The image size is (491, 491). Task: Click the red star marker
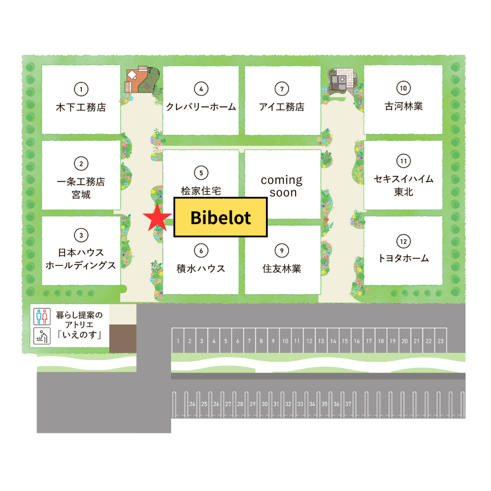click(157, 218)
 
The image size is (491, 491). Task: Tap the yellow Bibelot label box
click(220, 217)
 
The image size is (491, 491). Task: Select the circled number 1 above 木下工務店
click(81, 89)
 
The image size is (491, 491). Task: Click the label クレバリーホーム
click(201, 107)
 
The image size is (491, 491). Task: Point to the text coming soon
click(282, 186)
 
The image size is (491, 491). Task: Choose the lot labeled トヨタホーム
click(403, 258)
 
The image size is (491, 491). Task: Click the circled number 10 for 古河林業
click(403, 88)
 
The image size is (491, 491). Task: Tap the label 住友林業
click(282, 268)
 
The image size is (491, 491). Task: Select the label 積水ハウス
click(201, 268)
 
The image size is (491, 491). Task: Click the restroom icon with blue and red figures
click(41, 316)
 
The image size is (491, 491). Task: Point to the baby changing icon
click(41, 337)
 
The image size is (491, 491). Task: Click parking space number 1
click(178, 341)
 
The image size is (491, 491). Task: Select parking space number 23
click(440, 341)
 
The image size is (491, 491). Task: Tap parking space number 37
click(348, 404)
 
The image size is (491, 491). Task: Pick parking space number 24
click(192, 404)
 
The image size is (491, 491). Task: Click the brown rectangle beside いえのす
click(123, 339)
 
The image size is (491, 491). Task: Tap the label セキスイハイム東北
click(403, 185)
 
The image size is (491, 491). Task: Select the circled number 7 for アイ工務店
click(282, 89)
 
